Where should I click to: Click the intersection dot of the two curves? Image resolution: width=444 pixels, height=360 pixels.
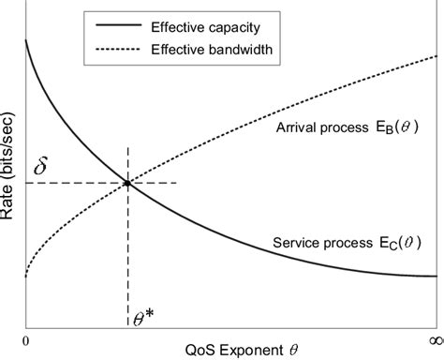[x=127, y=182]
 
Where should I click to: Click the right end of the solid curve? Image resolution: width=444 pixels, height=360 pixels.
[x=436, y=276]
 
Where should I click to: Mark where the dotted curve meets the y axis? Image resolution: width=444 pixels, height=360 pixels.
[x=26, y=277]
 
